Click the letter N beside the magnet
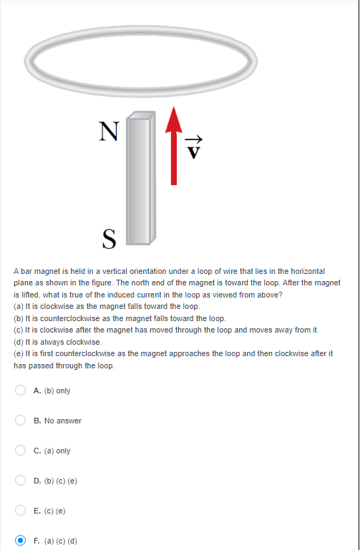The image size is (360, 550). [x=109, y=131]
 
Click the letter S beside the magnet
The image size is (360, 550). [x=109, y=237]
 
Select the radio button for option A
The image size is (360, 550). [x=20, y=391]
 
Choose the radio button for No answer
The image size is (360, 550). [x=20, y=421]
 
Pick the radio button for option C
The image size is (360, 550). [x=20, y=451]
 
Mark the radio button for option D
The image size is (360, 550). [x=20, y=481]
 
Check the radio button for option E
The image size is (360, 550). [x=20, y=511]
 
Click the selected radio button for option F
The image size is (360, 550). [x=20, y=541]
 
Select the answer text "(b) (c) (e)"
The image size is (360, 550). [x=60, y=481]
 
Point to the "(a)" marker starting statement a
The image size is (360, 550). [x=18, y=306]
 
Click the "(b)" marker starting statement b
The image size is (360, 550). [x=18, y=318]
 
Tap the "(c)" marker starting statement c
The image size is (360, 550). [x=18, y=329]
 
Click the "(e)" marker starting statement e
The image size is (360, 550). [x=18, y=353]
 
